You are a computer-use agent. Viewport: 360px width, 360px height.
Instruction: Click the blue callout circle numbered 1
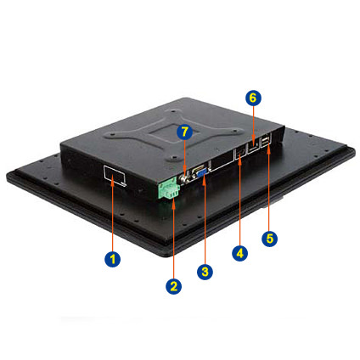113,259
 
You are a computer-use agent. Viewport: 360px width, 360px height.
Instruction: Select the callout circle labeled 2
173,286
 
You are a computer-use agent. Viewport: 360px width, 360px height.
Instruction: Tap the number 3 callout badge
205,272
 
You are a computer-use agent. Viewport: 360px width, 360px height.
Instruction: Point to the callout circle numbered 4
239,253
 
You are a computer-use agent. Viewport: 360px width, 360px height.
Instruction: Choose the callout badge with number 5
269,239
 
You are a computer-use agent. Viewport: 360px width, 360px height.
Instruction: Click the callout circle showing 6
253,98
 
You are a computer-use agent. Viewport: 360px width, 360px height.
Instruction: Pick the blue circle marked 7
184,132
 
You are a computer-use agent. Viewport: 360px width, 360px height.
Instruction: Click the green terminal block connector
169,190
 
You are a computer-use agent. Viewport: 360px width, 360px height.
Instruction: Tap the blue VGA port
203,172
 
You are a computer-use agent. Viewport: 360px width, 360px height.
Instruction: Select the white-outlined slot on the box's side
115,176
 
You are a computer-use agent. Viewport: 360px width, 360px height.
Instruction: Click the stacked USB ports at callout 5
266,140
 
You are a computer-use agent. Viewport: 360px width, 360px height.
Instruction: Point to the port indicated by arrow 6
253,148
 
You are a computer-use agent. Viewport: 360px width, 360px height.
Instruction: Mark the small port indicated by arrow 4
240,154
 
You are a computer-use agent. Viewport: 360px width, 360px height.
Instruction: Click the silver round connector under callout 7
184,179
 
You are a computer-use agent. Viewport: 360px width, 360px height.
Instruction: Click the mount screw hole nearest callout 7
174,157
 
